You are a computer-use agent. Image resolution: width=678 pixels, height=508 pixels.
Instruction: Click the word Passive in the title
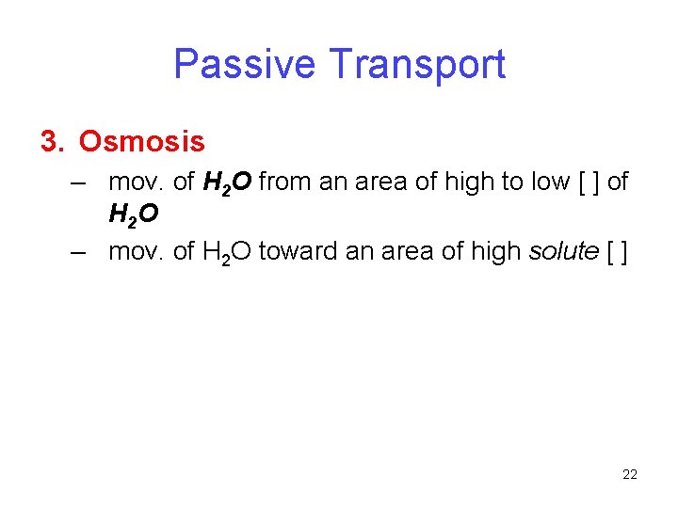tap(245, 64)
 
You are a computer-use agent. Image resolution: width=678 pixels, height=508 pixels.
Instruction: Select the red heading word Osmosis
tap(141, 142)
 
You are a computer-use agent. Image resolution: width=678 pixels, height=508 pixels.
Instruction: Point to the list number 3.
tap(49, 142)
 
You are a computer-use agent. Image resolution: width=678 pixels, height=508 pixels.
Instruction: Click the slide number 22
tap(630, 474)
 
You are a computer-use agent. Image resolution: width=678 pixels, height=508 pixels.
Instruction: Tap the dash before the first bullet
tap(78, 182)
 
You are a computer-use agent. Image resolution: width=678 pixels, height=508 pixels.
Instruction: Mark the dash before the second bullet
tap(78, 251)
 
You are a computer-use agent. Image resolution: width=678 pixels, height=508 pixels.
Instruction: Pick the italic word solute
tap(565, 251)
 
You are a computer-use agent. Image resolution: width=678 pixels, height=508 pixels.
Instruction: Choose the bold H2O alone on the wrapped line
tap(134, 217)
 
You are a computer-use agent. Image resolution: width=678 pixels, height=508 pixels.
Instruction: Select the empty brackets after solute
tap(618, 251)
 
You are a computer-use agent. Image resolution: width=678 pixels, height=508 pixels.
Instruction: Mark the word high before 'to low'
tap(474, 182)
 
